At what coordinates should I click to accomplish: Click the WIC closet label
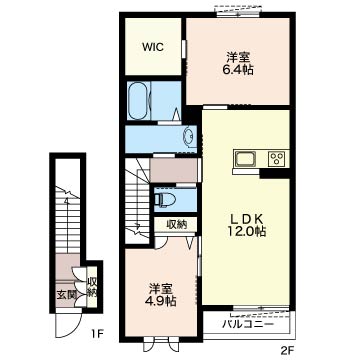(x=153, y=47)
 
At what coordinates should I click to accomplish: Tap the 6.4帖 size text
(x=238, y=70)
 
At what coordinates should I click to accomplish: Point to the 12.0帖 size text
(x=248, y=231)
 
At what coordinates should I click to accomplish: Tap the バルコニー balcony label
(x=248, y=324)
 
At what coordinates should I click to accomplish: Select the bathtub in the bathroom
(x=138, y=100)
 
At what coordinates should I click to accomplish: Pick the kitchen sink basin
(x=245, y=159)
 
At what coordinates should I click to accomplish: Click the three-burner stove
(x=277, y=158)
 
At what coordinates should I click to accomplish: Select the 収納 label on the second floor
(x=176, y=225)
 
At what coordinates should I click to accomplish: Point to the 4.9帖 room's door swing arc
(x=160, y=245)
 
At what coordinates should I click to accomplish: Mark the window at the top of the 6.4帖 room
(x=238, y=13)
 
